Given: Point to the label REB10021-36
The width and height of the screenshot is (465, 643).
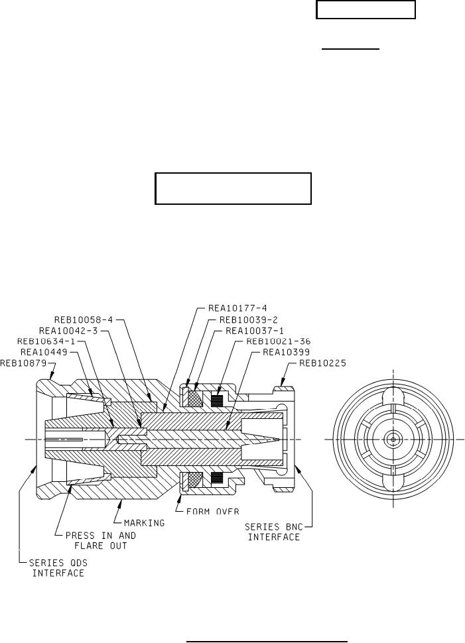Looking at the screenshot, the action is coord(278,341).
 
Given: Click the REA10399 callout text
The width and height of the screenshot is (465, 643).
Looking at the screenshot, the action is coord(286,352).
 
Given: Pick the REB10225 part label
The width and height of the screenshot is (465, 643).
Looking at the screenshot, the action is coord(322,363).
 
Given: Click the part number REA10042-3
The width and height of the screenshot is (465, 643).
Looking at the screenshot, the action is coord(68,331).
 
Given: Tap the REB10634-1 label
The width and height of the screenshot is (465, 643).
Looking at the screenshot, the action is coord(46,341).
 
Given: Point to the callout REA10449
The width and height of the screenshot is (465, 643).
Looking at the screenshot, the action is coord(44,352).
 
